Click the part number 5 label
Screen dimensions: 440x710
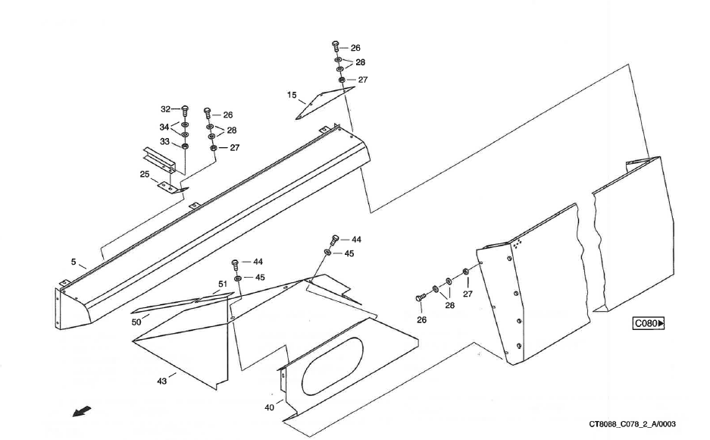tap(74, 262)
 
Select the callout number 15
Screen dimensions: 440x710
tap(292, 96)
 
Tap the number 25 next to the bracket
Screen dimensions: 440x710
tap(144, 174)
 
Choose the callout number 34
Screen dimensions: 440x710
tap(164, 127)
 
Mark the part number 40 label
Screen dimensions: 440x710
tap(269, 407)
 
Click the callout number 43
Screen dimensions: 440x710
tap(161, 381)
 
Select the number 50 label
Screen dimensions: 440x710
tap(136, 322)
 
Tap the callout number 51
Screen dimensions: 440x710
tap(223, 284)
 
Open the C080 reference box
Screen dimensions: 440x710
tap(649, 324)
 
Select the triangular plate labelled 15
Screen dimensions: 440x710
tap(322, 101)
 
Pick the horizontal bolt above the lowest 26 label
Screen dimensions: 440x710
tap(419, 298)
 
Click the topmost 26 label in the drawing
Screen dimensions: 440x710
tap(355, 48)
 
